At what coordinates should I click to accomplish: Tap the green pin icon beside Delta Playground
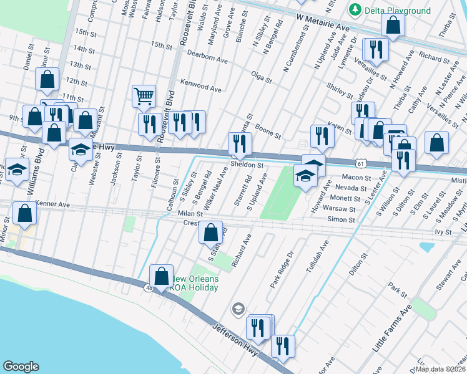[355, 9]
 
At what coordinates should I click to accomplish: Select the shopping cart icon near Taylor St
[144, 97]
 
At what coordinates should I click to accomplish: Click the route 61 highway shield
[361, 163]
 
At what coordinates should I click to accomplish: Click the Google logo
[21, 367]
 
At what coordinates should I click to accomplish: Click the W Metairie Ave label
[323, 26]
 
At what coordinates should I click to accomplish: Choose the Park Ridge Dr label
[282, 269]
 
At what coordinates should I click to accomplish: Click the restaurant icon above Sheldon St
[240, 143]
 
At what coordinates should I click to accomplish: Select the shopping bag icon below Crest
[211, 233]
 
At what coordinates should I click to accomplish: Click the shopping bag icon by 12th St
[47, 79]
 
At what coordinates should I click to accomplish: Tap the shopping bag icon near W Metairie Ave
[393, 25]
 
